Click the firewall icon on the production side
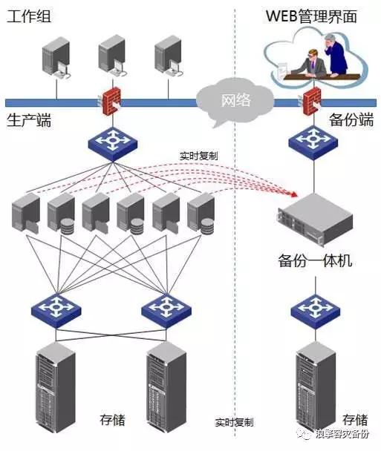(111, 102)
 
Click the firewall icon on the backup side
(312, 100)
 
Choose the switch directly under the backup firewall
(310, 140)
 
